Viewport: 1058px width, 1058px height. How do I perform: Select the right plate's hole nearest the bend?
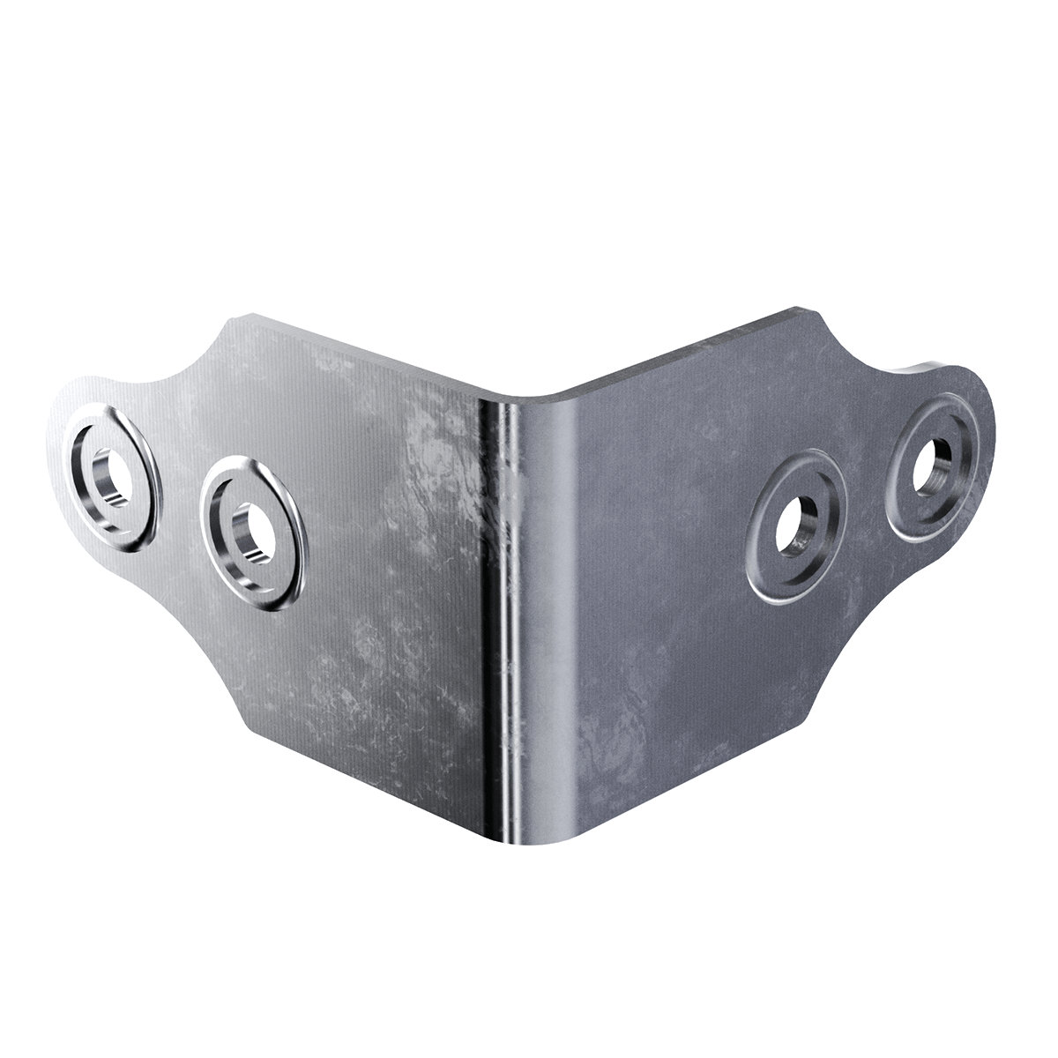tap(796, 525)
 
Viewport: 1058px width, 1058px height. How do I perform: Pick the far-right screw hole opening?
tap(935, 465)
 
